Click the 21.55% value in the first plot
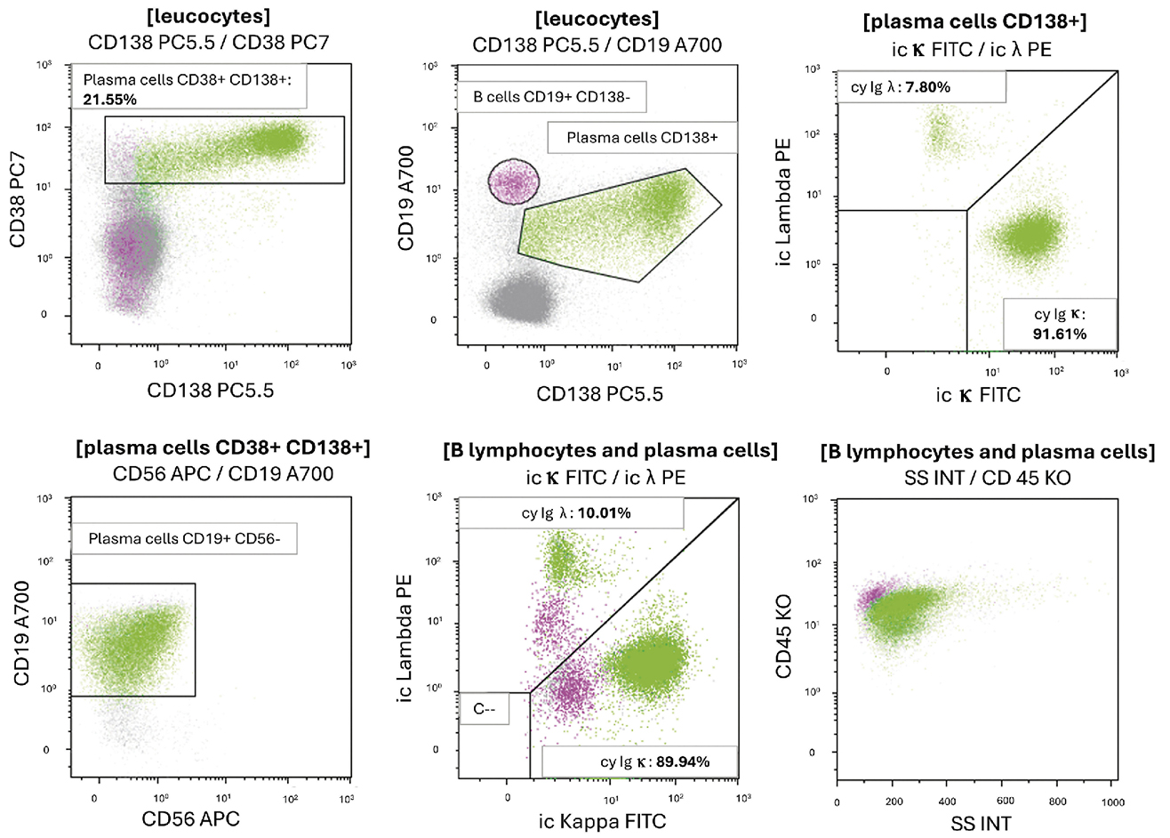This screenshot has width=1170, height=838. (x=110, y=100)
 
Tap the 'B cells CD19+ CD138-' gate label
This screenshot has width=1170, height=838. (x=551, y=97)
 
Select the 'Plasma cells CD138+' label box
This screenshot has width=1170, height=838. (x=641, y=138)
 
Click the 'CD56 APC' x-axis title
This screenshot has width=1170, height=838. (x=186, y=818)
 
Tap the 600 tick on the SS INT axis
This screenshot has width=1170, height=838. (x=1004, y=802)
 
